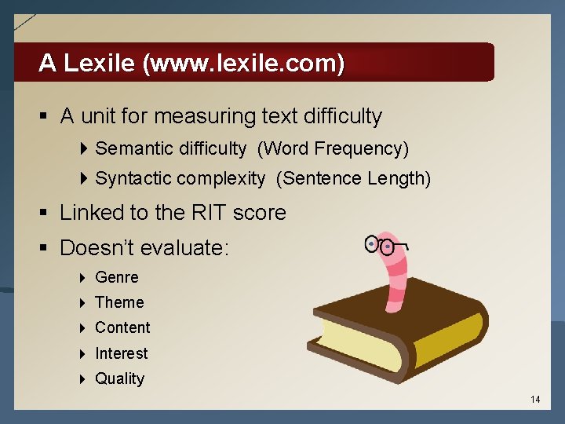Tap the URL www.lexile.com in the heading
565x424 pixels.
coord(244,63)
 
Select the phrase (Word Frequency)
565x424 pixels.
coord(333,148)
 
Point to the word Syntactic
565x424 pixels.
coord(129,178)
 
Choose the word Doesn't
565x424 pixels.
coord(98,248)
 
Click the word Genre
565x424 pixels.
coord(116,277)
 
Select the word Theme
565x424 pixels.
coord(119,302)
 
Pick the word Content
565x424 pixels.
coord(122,327)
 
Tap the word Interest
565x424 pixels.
coord(121,353)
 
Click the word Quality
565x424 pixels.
coord(119,378)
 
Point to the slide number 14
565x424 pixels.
coord(535,400)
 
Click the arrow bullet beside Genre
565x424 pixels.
coord(83,278)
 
